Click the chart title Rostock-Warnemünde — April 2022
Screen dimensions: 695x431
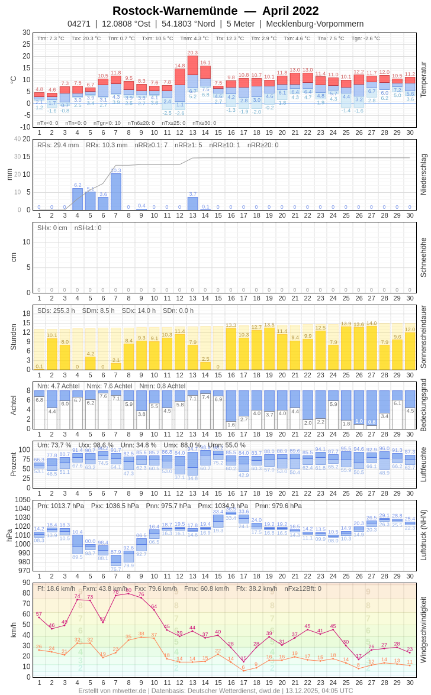click(215, 11)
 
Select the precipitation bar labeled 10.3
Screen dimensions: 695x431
click(116, 192)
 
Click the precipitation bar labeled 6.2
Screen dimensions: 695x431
click(78, 199)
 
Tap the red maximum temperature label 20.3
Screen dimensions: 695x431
click(192, 53)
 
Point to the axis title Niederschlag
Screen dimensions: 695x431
click(423, 174)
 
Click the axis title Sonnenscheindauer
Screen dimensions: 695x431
click(423, 337)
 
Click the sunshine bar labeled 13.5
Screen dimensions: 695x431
click(269, 348)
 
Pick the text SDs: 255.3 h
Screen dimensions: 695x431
click(56, 311)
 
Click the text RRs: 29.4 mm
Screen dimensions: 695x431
click(58, 145)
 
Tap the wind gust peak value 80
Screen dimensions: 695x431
click(128, 590)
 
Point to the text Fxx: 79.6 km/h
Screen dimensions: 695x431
click(156, 589)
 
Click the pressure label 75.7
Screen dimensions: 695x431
click(115, 569)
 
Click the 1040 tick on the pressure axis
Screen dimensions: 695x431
click(23, 509)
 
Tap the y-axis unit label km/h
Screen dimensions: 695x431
click(14, 630)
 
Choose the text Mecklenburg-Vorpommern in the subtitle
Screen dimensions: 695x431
click(315, 24)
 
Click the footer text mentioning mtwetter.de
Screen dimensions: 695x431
click(112, 690)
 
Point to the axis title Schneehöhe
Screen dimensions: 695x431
click(423, 257)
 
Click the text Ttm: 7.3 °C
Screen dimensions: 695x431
click(51, 38)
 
